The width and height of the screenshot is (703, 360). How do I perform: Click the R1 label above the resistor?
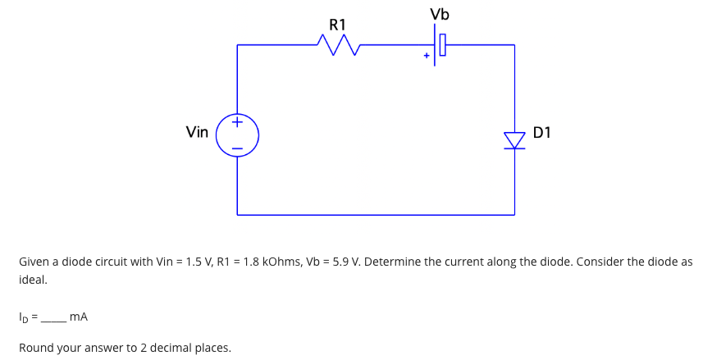(338, 25)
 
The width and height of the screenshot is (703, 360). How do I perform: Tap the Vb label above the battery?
(440, 15)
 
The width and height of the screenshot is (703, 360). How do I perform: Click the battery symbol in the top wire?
(438, 44)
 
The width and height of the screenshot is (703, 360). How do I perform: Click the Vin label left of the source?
(197, 131)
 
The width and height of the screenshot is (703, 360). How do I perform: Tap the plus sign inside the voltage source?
(237, 124)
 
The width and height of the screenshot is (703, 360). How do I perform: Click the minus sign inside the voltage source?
(237, 148)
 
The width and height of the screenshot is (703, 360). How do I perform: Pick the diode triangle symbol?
(514, 140)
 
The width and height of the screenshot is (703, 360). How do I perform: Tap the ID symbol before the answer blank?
(24, 316)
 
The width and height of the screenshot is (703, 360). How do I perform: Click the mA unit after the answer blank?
(80, 316)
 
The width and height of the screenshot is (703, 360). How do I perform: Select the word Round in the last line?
(36, 347)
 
